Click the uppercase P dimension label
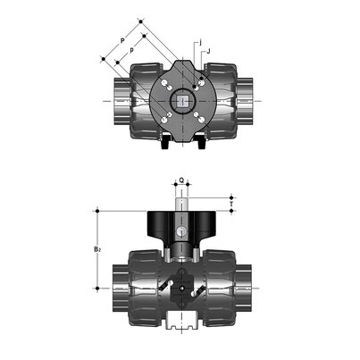click(x=121, y=40)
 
